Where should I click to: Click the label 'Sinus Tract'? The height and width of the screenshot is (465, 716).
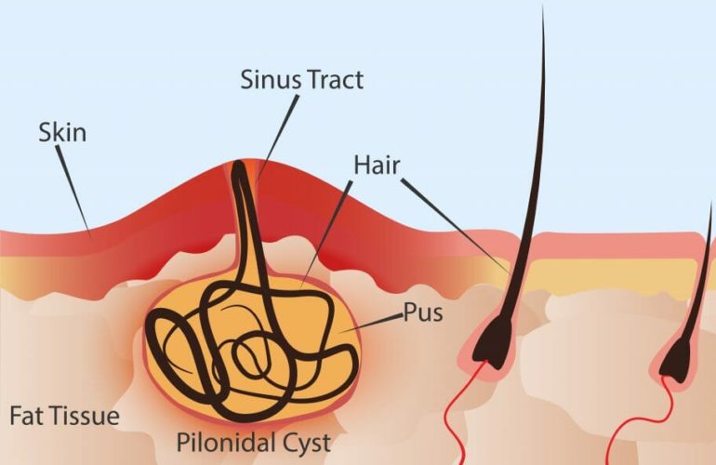tap(302, 79)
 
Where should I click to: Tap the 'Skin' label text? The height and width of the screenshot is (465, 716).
tap(62, 132)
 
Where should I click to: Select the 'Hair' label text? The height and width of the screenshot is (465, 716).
tap(378, 165)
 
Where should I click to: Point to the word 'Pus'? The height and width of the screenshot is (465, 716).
tap(423, 312)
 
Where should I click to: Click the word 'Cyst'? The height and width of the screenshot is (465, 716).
tap(306, 443)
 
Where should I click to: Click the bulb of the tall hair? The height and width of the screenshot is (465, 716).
tap(493, 340)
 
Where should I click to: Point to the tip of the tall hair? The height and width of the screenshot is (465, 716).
tap(543, 7)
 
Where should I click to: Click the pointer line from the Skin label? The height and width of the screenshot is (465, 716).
tap(73, 192)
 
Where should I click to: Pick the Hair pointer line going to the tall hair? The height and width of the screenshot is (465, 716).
tap(456, 225)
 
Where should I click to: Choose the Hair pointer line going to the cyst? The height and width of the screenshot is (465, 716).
tap(326, 234)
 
